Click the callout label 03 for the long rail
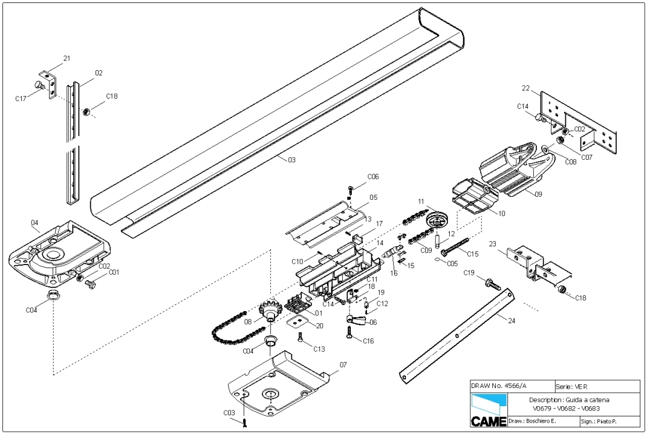(291, 160)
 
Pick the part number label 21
(67, 58)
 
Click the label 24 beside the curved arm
(511, 321)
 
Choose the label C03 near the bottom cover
(229, 413)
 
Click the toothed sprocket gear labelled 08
(268, 310)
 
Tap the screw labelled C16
(350, 331)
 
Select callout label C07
(586, 157)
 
